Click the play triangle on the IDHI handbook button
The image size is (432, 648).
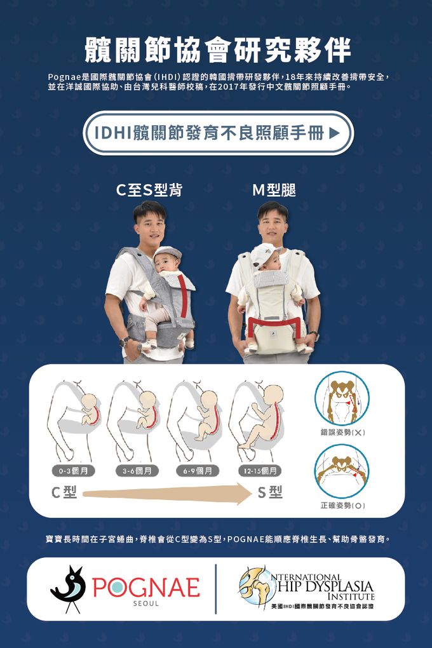[x=334, y=133]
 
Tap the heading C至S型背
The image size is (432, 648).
[x=149, y=190]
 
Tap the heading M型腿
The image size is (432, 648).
[x=274, y=190]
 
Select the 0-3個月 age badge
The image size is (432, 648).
[x=73, y=471]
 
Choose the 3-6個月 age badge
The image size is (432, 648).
[x=137, y=471]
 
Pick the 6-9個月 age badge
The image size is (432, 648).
[x=198, y=471]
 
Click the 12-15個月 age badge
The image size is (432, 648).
[x=260, y=471]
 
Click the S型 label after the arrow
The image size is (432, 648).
[x=270, y=492]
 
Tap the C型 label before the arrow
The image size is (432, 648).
[x=64, y=492]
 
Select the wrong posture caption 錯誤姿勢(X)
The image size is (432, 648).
[x=342, y=432]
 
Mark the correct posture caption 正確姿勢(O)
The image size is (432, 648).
[x=342, y=506]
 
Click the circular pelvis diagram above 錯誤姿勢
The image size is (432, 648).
[x=342, y=398]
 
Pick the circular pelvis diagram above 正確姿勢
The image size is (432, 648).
[x=342, y=471]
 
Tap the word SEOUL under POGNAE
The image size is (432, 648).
[x=146, y=604]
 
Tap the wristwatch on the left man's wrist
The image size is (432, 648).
[x=124, y=341]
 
